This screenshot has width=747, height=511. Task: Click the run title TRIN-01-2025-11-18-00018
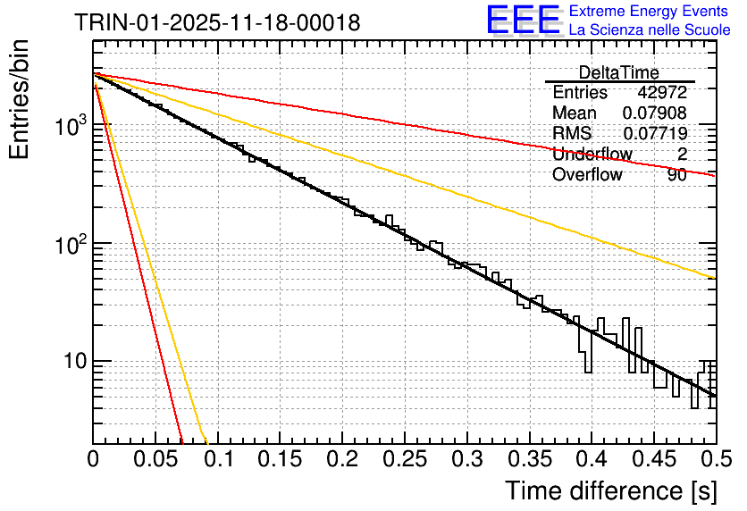(217, 22)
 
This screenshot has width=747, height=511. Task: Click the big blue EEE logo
(523, 20)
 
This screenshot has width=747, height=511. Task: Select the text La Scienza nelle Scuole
(650, 29)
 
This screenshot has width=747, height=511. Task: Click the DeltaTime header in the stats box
(619, 72)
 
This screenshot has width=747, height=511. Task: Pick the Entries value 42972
(662, 93)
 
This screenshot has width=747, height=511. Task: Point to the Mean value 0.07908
(654, 113)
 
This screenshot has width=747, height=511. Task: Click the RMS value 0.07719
(654, 134)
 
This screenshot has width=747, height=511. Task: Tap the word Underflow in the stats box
(592, 155)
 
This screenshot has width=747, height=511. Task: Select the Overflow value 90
(676, 175)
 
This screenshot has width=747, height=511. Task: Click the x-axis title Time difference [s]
(609, 490)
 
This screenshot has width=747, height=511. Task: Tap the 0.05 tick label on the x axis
(155, 460)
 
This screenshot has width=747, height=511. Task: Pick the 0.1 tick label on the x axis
(218, 460)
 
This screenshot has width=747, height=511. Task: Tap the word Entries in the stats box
(580, 93)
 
